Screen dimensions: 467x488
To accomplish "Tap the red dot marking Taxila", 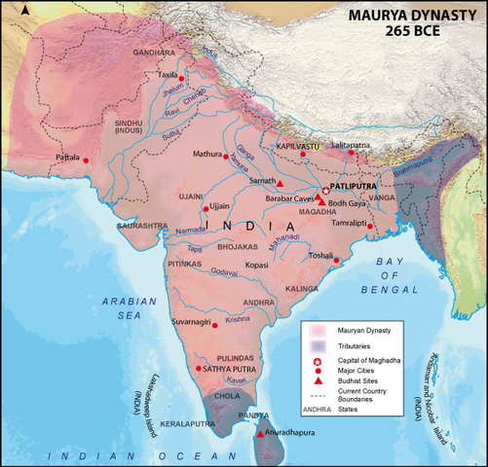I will point(181,78).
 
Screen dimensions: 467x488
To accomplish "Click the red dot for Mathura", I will point(227,156).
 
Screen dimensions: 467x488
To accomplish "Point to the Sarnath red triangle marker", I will point(280,183).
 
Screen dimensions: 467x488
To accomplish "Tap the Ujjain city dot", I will point(205,207).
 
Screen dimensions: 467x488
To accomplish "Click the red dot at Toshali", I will point(336,261).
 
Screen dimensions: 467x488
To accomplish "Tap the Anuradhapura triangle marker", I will point(259,434).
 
